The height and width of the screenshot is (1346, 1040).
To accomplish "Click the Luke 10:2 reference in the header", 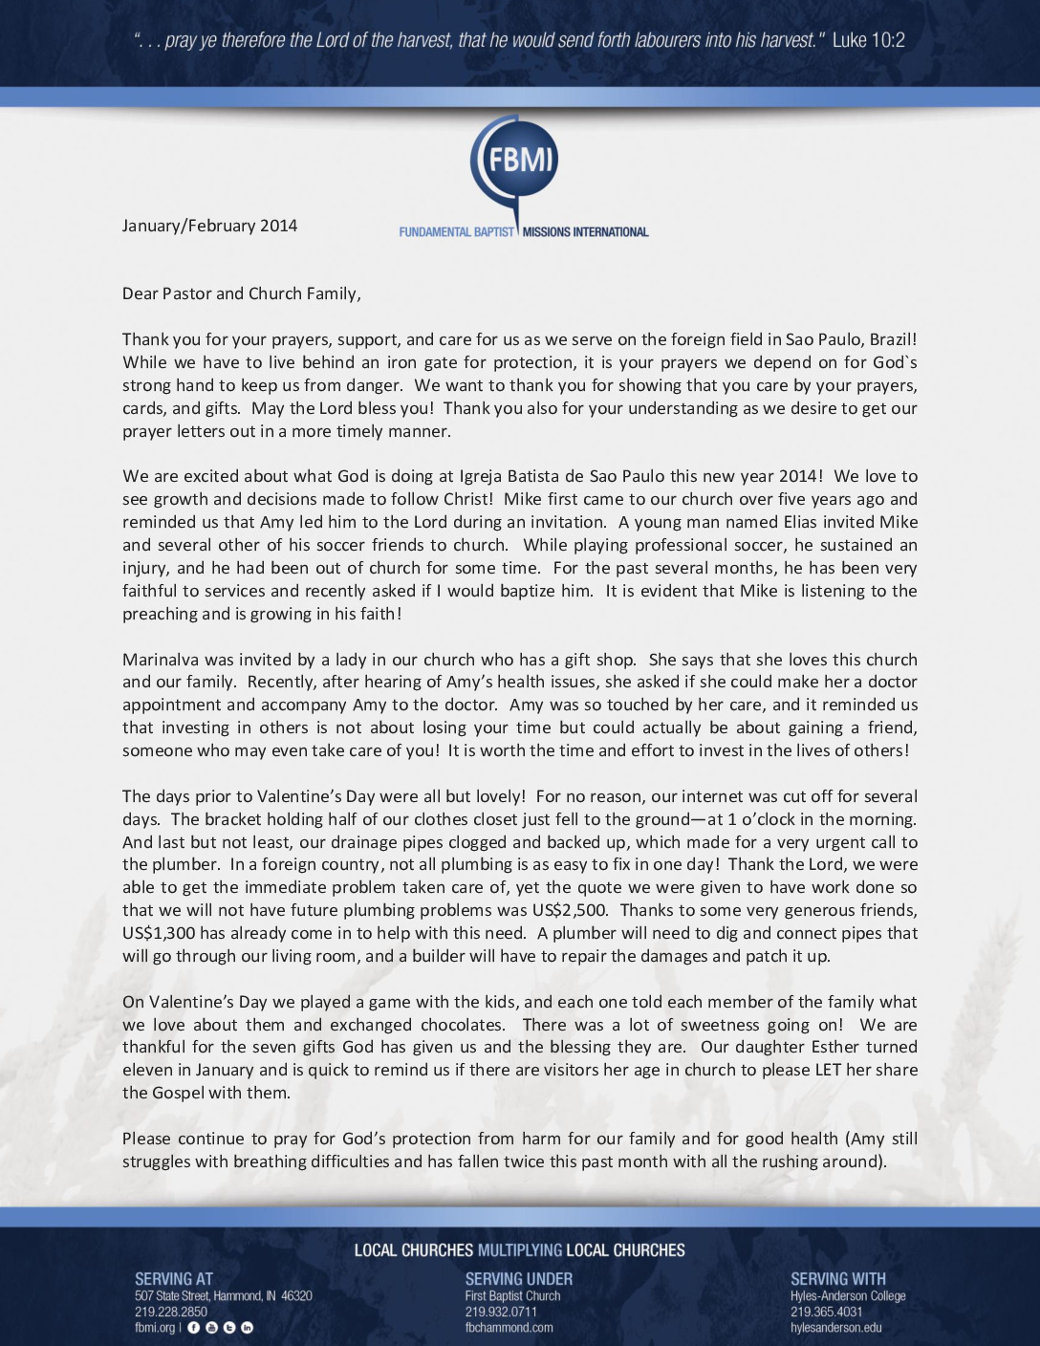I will coord(868,40).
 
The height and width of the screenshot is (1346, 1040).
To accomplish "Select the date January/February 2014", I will coord(209,226).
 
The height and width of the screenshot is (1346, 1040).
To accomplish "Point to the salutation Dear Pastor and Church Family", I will coord(241,293).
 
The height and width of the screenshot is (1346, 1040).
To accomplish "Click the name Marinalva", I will coord(160,660).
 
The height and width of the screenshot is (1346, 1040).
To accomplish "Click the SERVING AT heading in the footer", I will coord(174,1279).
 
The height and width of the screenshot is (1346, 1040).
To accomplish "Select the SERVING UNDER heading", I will coord(518,1279).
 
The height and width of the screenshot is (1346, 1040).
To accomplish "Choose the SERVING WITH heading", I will coord(837,1279).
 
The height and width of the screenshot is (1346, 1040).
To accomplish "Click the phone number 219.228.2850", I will coord(171,1312).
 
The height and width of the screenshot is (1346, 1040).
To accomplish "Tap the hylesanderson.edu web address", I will coord(835,1327).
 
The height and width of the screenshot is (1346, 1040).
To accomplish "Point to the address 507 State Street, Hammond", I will coord(223,1296).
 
